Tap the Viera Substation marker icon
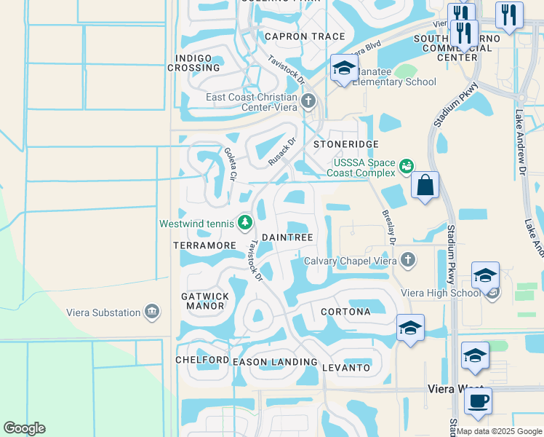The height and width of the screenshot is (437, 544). [x=152, y=312]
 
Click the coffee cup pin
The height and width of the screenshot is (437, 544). [x=478, y=401]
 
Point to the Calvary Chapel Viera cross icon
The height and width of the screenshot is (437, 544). [x=409, y=259]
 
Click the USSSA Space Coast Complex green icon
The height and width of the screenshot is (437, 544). [x=407, y=167]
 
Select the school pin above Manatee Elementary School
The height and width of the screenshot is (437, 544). [x=344, y=69]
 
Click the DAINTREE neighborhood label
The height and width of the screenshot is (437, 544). [x=287, y=237]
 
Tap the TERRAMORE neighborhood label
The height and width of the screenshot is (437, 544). [x=204, y=246]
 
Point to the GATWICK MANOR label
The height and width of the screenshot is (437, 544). [x=204, y=301]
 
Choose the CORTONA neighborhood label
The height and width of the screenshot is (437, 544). [x=345, y=312]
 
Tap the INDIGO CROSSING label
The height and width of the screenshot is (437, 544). [x=194, y=63]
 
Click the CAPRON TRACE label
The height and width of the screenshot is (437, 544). [x=295, y=36]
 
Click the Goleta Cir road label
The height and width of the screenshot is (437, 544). [x=231, y=165]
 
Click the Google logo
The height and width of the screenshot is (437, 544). [x=24, y=428]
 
